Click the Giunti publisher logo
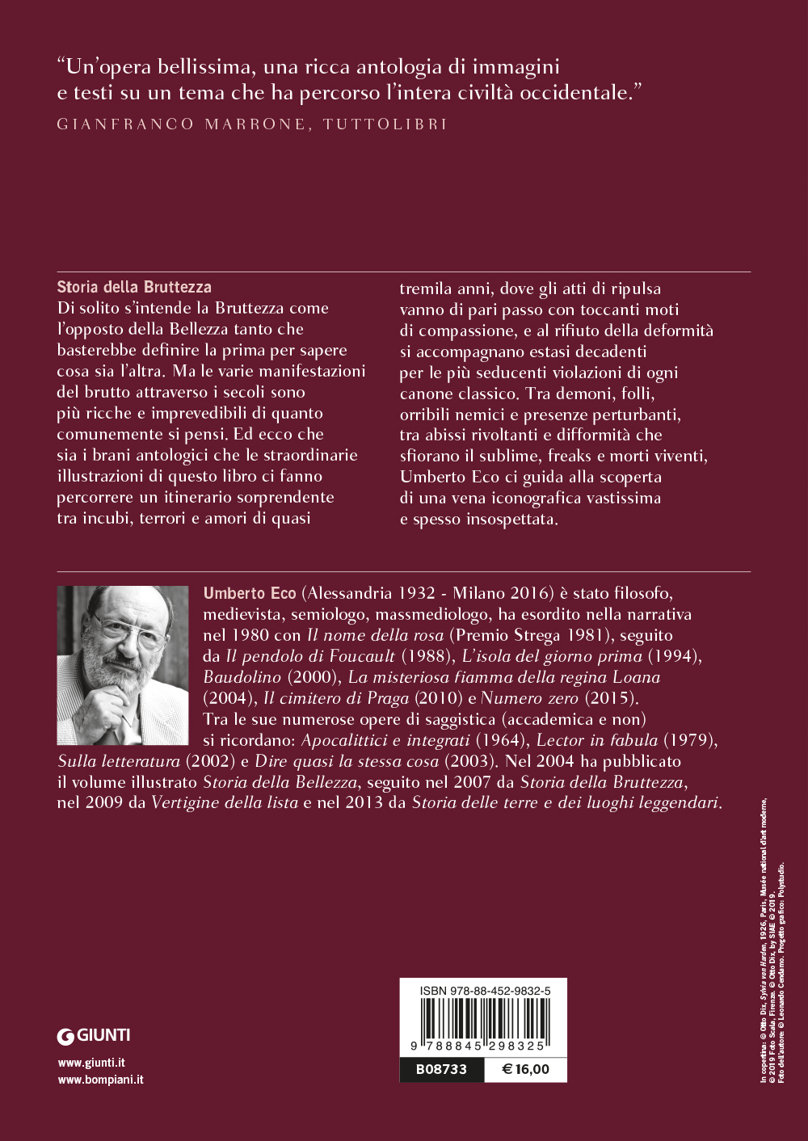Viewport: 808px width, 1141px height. pos(94,1035)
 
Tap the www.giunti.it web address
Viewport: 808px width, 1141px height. pos(91,1063)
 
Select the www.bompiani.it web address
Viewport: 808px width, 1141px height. pos(101,1080)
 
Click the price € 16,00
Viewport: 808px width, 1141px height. pos(525,1069)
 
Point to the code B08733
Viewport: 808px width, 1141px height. pos(441,1069)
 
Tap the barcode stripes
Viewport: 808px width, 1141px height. pos(483,1018)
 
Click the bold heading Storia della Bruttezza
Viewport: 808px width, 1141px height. pos(134,287)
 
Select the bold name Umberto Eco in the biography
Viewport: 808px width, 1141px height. pos(250,593)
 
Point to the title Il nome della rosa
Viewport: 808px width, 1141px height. pos(375,635)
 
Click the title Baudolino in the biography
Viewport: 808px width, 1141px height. pos(242,677)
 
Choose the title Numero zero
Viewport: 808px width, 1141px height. pos(529,698)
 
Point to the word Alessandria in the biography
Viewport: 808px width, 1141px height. pos(351,593)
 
